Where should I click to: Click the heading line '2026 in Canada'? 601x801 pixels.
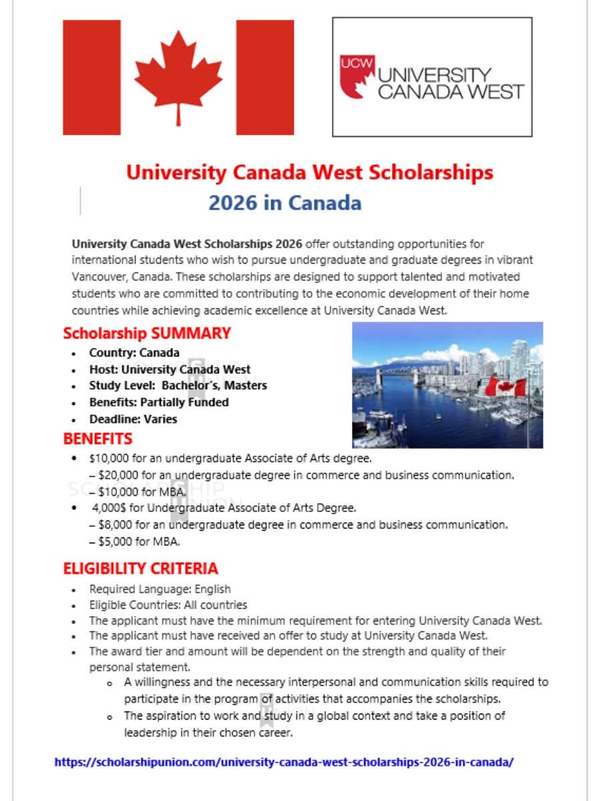click(284, 203)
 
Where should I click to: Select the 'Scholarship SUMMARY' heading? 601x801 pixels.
click(147, 333)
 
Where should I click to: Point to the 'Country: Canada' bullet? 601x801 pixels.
click(134, 352)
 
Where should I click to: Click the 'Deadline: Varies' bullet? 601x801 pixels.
click(133, 419)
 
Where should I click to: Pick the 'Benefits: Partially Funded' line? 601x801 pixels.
click(159, 403)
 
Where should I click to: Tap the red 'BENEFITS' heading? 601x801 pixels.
click(97, 439)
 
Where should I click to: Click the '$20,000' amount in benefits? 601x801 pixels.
click(115, 475)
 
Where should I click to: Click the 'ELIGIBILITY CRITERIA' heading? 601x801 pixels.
click(140, 569)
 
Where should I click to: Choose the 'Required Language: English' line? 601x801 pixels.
click(160, 589)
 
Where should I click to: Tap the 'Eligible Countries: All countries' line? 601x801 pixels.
click(168, 605)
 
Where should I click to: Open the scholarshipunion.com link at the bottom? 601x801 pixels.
click(284, 762)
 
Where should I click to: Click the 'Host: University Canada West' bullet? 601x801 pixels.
click(170, 369)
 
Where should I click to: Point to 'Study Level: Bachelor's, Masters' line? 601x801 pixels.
click(178, 386)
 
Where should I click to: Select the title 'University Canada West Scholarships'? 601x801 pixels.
click(309, 173)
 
